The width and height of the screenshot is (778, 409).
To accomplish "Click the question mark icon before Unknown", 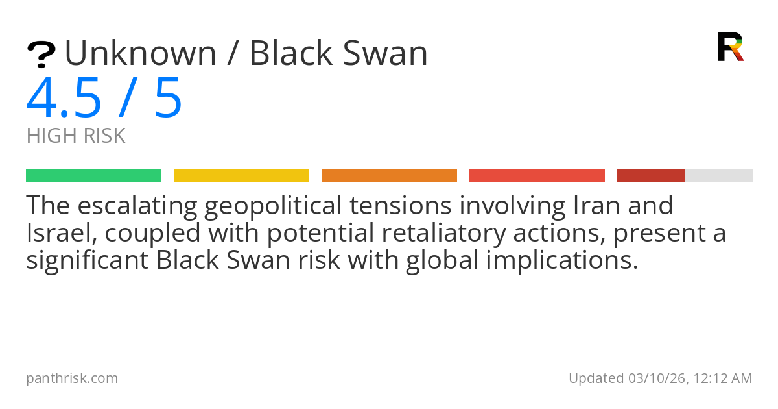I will (41, 55).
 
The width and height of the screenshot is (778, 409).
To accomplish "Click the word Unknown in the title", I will (140, 53).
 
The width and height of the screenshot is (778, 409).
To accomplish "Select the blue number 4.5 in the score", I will (64, 99).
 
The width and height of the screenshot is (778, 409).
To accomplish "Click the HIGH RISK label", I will (76, 136).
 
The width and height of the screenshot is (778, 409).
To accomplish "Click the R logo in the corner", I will (730, 47).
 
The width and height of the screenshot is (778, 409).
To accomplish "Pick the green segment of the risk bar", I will (93, 175).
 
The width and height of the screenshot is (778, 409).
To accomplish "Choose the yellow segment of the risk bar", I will (241, 175).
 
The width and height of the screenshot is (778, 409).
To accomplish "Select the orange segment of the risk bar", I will (389, 175).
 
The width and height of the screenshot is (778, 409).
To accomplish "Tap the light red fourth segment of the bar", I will (537, 175).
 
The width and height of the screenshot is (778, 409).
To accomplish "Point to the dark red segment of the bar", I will (651, 175).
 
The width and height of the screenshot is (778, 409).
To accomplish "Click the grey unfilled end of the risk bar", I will (719, 175).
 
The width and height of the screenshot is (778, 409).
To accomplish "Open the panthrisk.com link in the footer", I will (72, 378).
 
